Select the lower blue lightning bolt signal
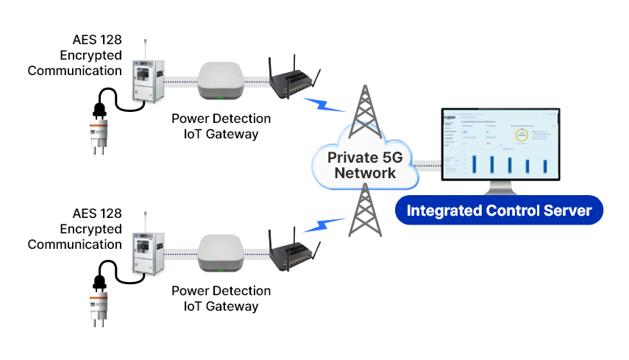pos(324,222)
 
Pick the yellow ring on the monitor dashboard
pos(522,135)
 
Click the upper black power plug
pos(98,109)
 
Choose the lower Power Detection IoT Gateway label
pos(221,299)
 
